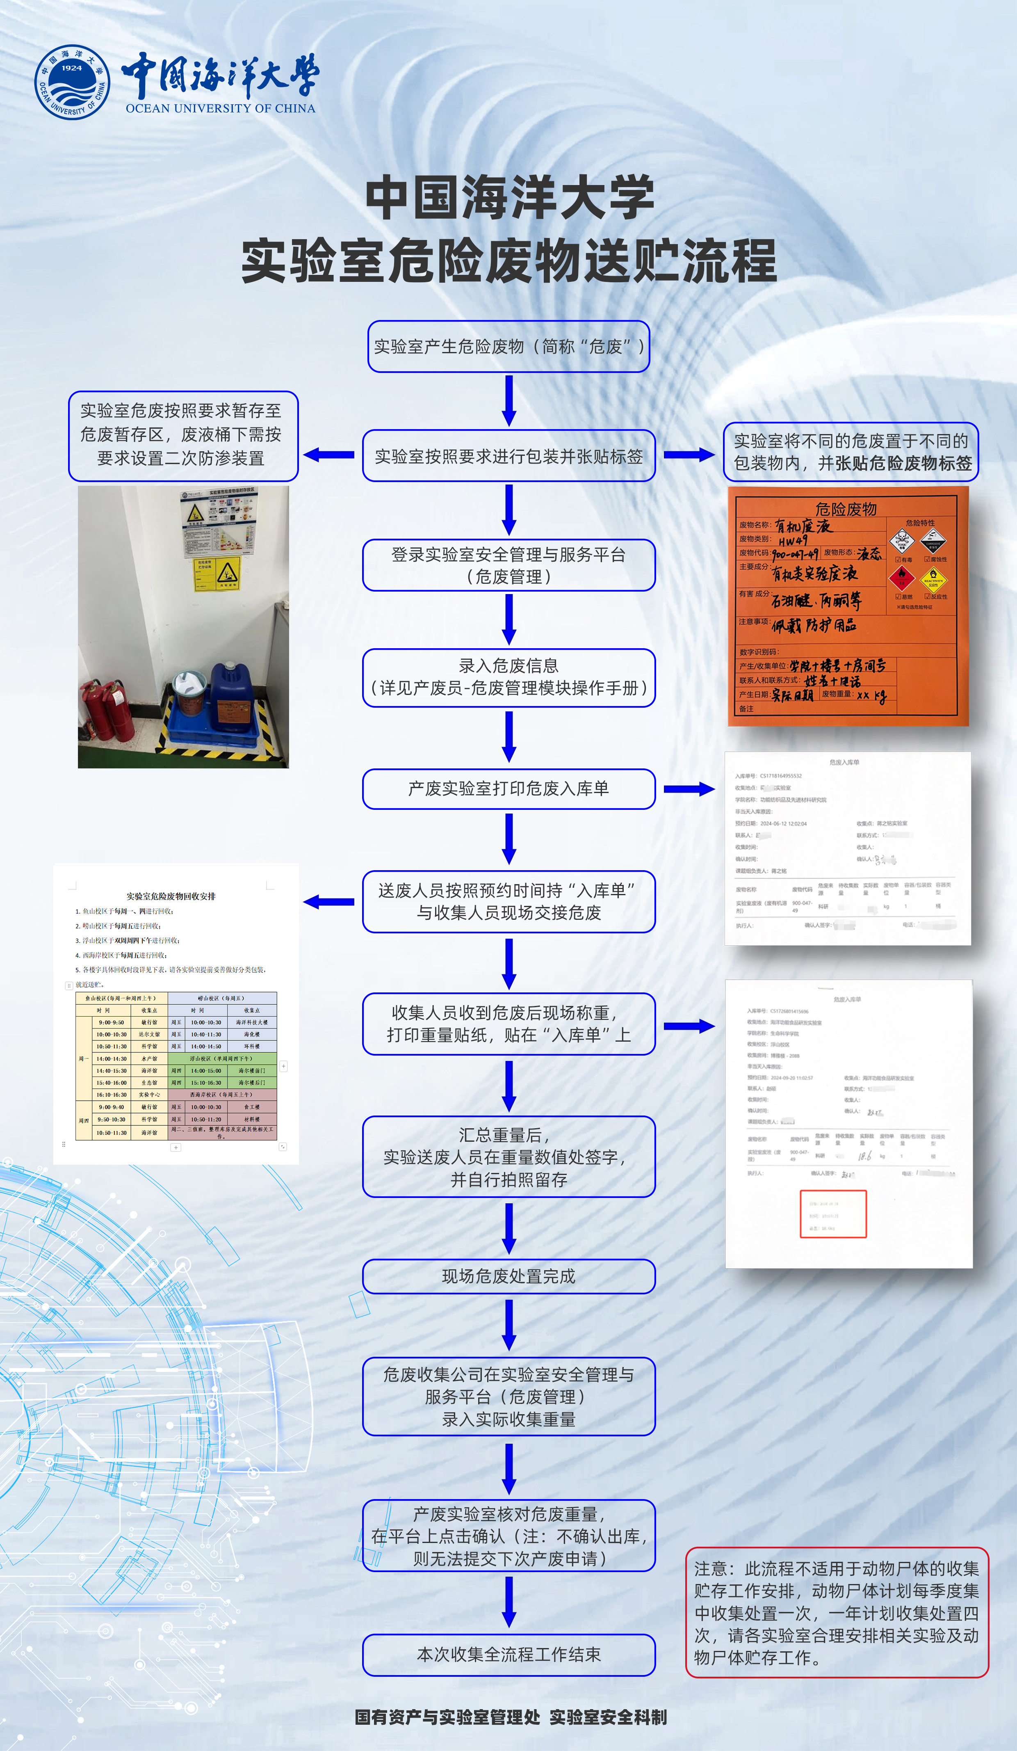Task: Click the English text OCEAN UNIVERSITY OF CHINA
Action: tap(220, 108)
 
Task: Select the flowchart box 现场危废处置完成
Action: tap(508, 1276)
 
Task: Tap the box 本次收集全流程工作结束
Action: tap(508, 1655)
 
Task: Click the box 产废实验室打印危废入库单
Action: tap(508, 789)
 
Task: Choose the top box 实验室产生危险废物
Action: tap(508, 346)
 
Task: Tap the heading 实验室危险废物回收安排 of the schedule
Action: tap(171, 896)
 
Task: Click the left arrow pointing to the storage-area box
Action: tap(329, 455)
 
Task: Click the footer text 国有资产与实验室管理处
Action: tap(447, 1717)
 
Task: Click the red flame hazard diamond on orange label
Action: tap(902, 576)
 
